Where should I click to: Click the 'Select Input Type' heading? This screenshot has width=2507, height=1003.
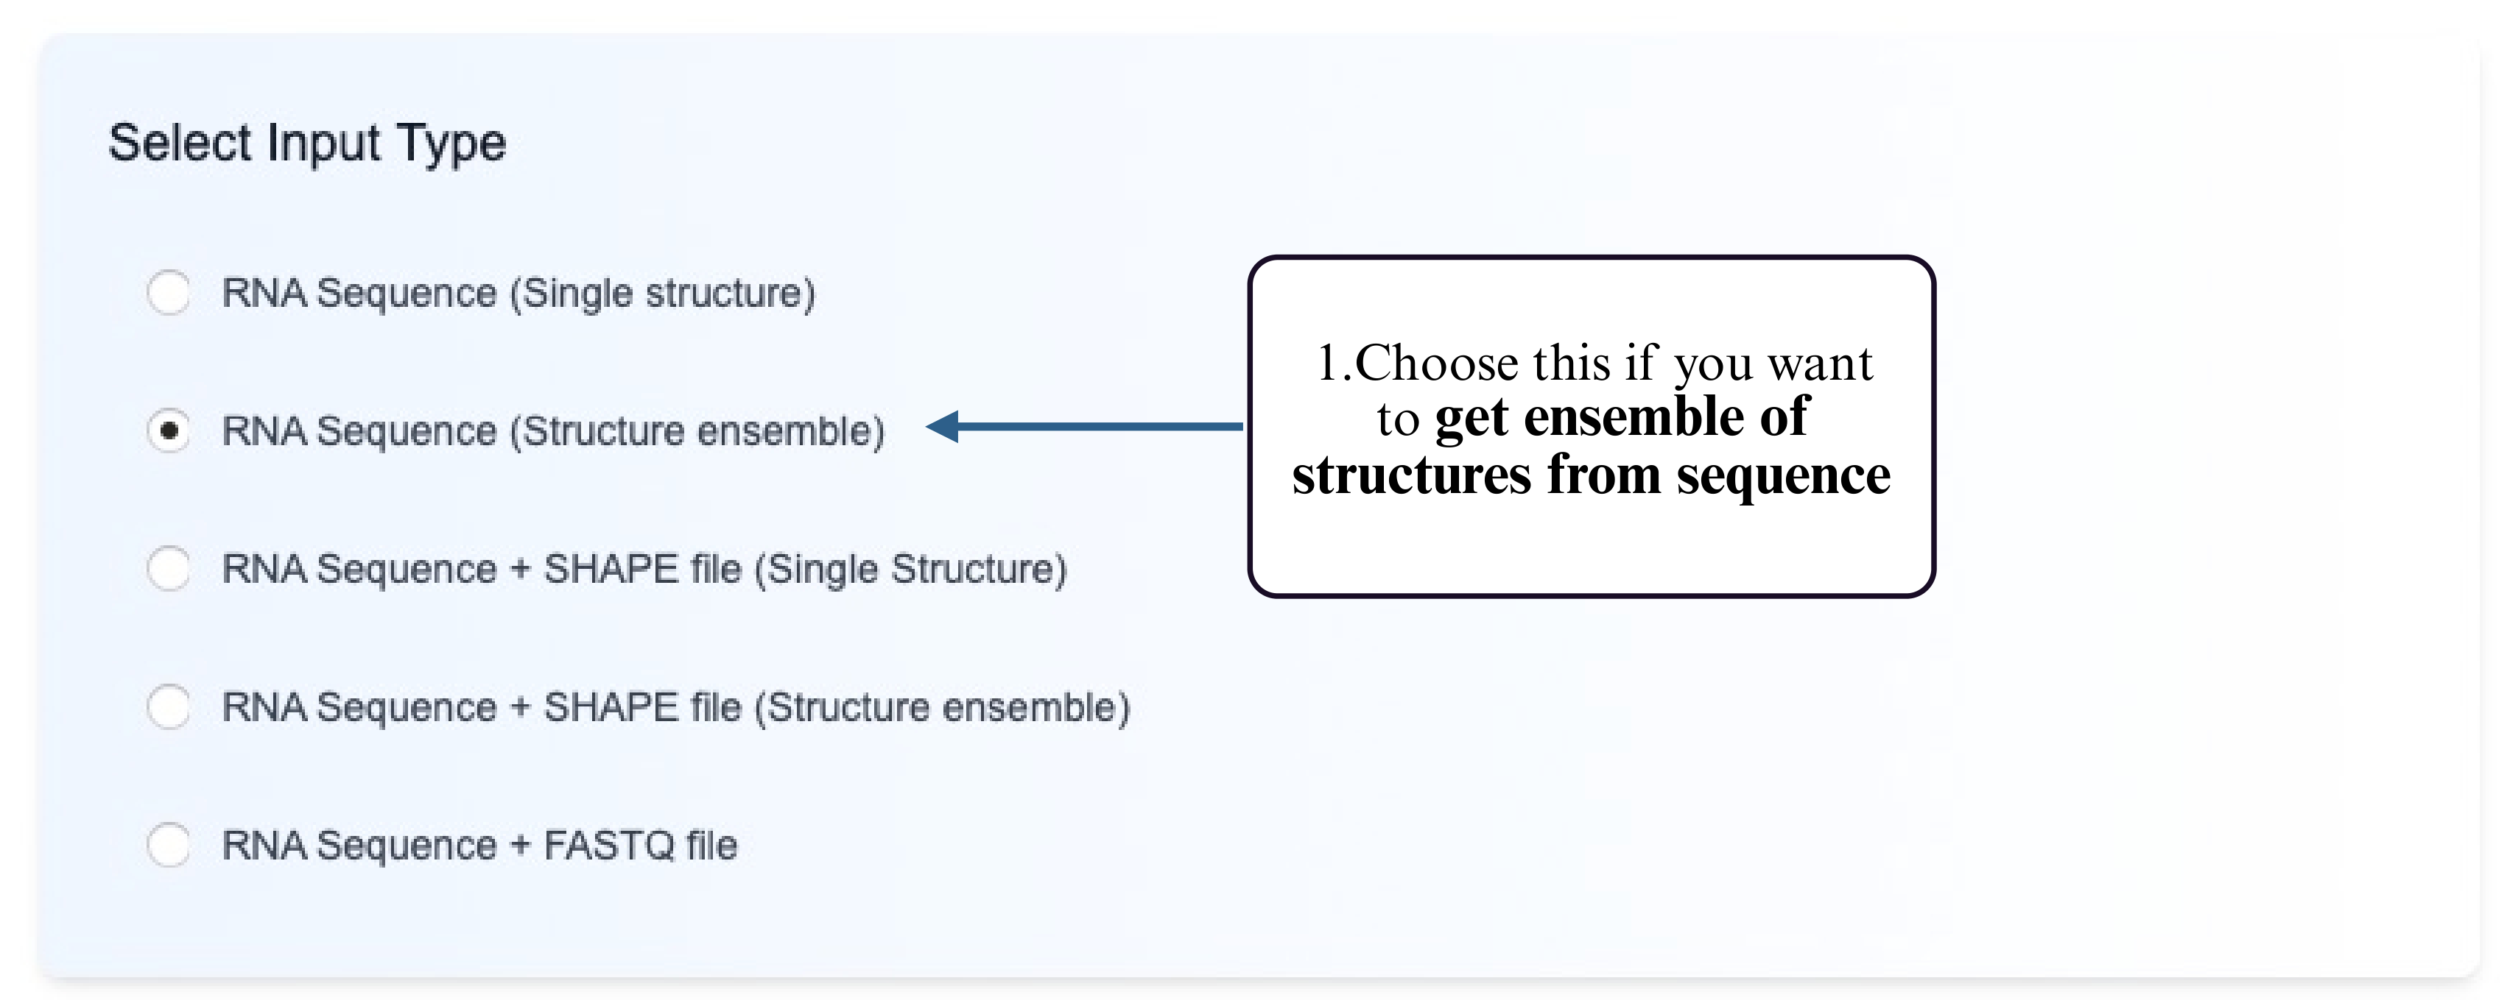(306, 143)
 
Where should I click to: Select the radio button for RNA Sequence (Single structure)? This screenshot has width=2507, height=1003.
(169, 293)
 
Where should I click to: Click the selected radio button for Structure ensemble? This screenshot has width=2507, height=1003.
(169, 430)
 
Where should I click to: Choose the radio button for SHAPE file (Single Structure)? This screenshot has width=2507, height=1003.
(169, 568)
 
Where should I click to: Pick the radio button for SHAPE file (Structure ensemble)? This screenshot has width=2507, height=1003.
(169, 706)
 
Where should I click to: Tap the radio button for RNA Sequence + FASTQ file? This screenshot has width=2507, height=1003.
(169, 845)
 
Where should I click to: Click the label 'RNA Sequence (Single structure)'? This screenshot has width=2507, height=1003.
(518, 293)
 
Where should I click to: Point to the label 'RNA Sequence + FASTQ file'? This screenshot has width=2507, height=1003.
(479, 845)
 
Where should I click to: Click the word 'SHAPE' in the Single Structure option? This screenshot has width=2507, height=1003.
(611, 568)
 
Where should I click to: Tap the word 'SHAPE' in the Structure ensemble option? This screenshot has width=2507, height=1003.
(611, 706)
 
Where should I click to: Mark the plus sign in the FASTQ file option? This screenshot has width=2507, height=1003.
(521, 845)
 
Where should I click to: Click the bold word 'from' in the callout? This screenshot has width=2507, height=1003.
(1604, 475)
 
